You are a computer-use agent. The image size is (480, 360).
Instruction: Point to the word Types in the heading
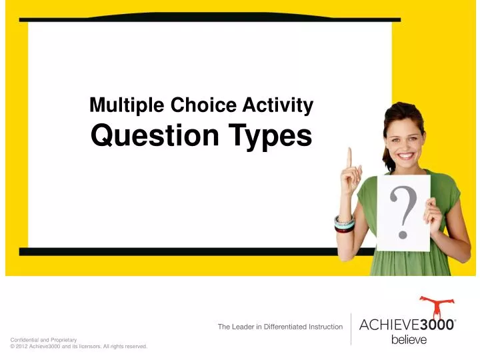click(269, 136)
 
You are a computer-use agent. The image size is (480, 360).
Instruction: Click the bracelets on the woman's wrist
click(344, 223)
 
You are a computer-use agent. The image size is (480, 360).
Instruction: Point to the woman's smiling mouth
click(405, 155)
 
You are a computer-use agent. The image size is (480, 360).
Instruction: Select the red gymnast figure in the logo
click(437, 308)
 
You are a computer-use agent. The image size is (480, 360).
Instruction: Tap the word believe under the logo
click(408, 340)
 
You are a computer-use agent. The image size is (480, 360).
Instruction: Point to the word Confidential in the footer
click(25, 340)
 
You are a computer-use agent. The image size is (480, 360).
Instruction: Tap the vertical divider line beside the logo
click(351, 328)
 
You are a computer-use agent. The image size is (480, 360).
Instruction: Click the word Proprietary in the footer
click(63, 340)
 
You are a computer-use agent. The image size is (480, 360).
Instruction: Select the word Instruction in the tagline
click(325, 327)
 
